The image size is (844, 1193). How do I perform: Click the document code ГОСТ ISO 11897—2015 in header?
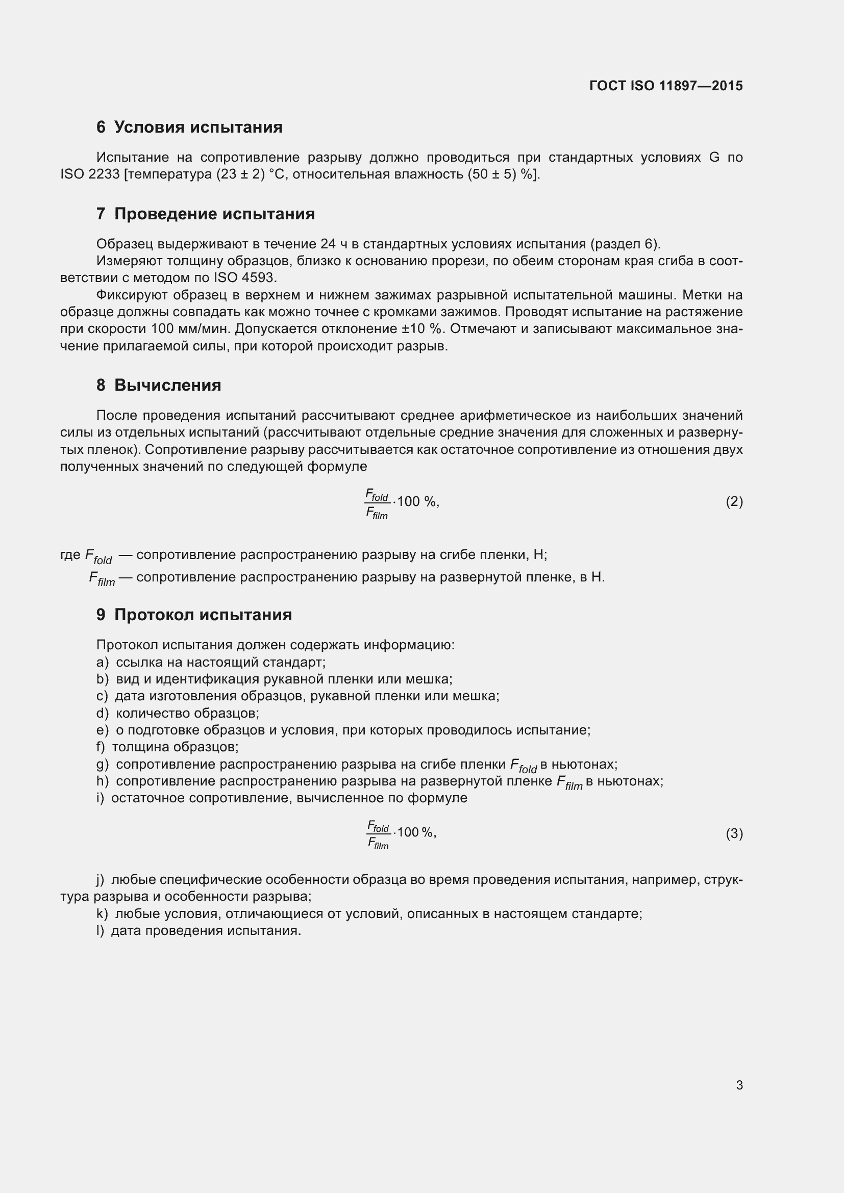(x=666, y=86)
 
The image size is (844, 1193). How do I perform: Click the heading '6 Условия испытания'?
(x=189, y=128)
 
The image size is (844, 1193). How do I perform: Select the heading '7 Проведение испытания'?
(x=205, y=214)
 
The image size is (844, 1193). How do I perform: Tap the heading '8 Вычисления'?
(x=159, y=385)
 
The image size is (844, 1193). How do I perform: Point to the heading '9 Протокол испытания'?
(x=194, y=615)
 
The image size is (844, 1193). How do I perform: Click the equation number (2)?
(x=734, y=502)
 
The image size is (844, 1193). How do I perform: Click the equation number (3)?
(x=734, y=834)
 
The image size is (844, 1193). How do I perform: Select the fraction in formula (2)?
(x=377, y=503)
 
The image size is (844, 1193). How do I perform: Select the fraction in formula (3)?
(x=379, y=835)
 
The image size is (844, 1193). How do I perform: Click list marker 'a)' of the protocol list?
(x=103, y=663)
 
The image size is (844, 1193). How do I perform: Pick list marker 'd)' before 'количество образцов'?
(x=103, y=714)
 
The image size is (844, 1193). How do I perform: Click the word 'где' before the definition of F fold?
(x=70, y=555)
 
